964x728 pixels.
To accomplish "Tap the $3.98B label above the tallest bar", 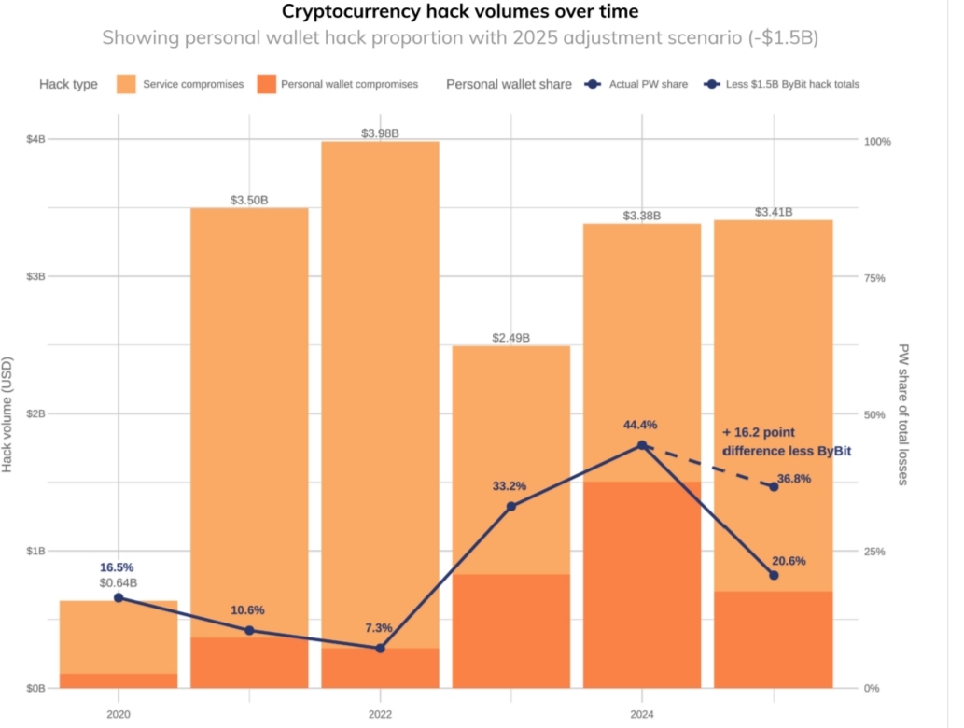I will [380, 133].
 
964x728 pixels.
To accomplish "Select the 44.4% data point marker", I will [642, 445].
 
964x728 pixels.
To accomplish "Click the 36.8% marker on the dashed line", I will [774, 486].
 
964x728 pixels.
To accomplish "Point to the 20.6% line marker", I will [774, 575].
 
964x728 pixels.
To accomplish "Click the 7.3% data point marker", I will [380, 648].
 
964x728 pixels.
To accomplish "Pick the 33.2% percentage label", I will [510, 486].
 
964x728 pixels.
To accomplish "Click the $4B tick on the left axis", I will [35, 139].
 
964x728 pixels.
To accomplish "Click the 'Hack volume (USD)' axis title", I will [8, 413].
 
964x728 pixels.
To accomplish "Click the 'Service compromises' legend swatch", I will [128, 84].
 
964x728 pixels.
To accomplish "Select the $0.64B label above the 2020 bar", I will [119, 583].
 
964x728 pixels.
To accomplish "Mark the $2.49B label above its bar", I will [510, 338].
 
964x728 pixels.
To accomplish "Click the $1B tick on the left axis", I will [35, 551].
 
